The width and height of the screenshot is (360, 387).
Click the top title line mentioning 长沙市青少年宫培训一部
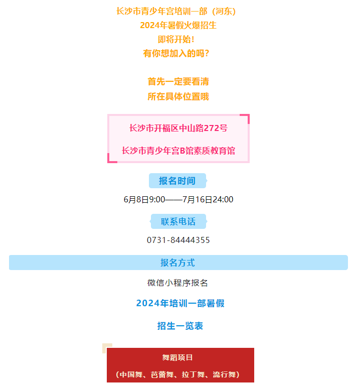[176, 12]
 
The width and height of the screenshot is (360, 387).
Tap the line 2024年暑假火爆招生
[178, 25]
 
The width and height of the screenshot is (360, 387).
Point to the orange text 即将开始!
[176, 39]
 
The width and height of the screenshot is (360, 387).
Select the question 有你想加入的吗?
[176, 53]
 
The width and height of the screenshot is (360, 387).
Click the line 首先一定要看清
[178, 81]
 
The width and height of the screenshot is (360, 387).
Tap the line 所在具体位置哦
[178, 96]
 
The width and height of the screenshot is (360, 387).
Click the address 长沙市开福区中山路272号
[178, 128]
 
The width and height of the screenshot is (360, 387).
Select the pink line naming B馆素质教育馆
[178, 151]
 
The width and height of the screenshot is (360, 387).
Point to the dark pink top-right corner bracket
[247, 116]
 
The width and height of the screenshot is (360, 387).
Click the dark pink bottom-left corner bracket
[109, 161]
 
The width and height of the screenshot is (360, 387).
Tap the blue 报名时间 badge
[177, 181]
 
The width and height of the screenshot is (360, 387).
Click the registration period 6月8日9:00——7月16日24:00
[178, 199]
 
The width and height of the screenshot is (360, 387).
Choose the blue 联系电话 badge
[178, 221]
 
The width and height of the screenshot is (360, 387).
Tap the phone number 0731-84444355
[178, 240]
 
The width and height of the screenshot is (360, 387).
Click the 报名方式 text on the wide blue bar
[177, 263]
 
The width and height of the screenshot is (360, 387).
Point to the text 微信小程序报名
[177, 283]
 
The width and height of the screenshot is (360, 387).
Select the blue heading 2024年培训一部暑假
[180, 303]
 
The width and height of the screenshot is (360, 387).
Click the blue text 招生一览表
[180, 326]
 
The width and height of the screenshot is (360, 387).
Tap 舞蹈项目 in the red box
[177, 357]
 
